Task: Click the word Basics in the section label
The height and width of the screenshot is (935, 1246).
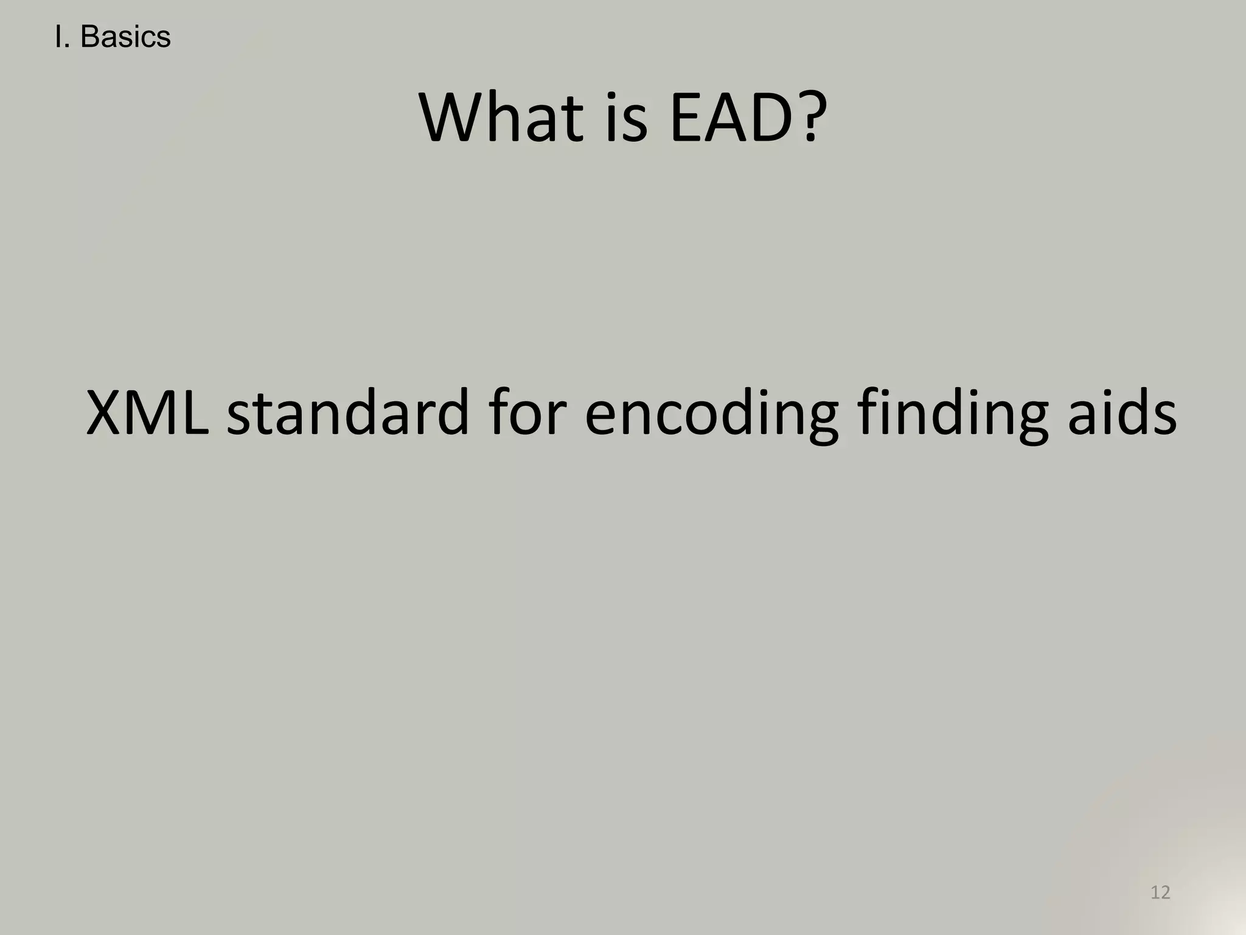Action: (125, 37)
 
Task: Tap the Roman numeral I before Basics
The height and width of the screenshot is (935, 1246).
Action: (58, 37)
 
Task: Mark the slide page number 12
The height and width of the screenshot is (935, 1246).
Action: (1160, 892)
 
